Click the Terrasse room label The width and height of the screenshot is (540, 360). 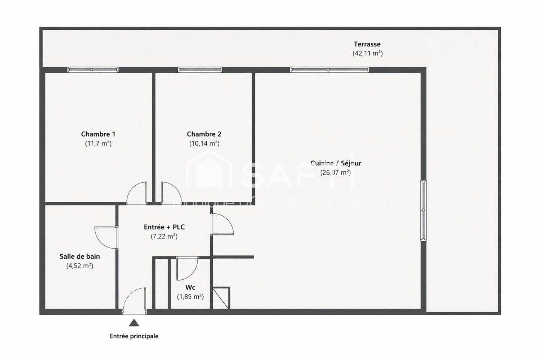pyautogui.click(x=367, y=44)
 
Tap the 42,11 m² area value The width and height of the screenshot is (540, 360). pyautogui.click(x=367, y=53)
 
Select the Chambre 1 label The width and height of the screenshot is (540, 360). pyautogui.click(x=98, y=134)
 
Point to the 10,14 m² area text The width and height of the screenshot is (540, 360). pyautogui.click(x=204, y=144)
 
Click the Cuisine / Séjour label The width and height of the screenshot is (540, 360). pyautogui.click(x=336, y=163)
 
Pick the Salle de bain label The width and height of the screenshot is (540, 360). pyautogui.click(x=80, y=256)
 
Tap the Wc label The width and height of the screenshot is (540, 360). pyautogui.click(x=190, y=287)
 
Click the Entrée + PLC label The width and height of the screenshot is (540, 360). pyautogui.click(x=164, y=227)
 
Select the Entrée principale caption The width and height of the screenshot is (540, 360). pyautogui.click(x=134, y=336)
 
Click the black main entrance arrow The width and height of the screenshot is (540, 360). pyautogui.click(x=134, y=323)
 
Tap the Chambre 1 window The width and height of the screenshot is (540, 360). pyautogui.click(x=93, y=70)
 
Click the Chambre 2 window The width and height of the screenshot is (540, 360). pyautogui.click(x=200, y=70)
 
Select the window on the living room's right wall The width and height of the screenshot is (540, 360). pyautogui.click(x=424, y=210)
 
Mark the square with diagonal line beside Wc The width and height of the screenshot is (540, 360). pyautogui.click(x=221, y=298)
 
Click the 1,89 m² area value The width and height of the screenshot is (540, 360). pyautogui.click(x=190, y=297)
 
